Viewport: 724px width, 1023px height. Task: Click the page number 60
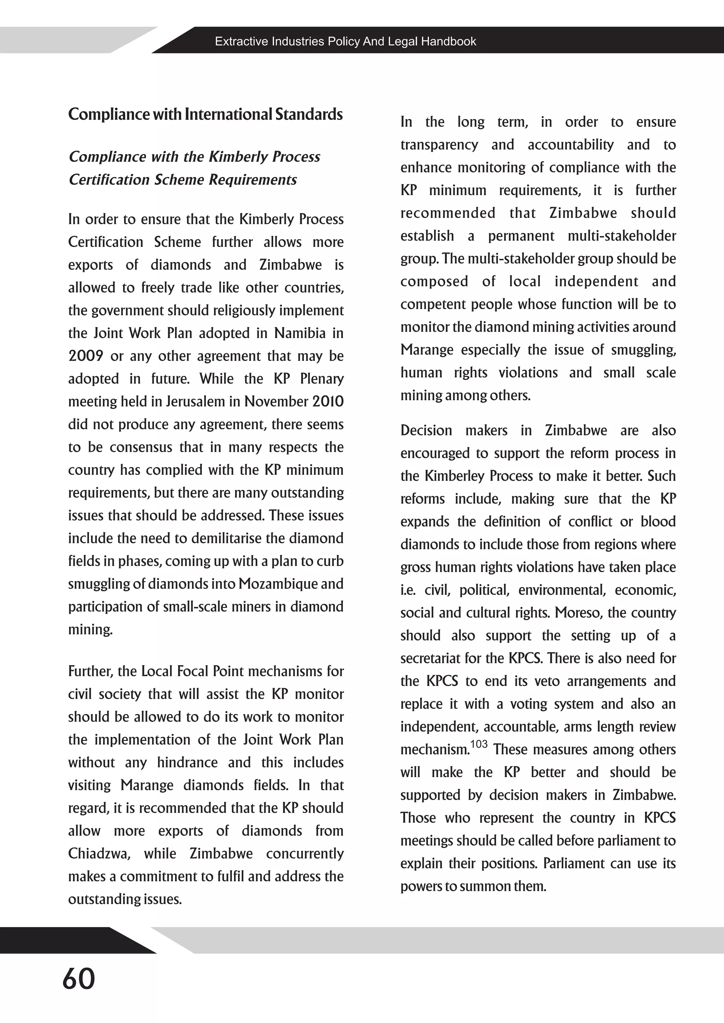tap(79, 979)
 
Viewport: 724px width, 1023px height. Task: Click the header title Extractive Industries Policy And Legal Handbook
tap(345, 41)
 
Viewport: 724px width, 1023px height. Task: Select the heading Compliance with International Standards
tap(205, 114)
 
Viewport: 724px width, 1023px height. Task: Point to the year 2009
tap(86, 356)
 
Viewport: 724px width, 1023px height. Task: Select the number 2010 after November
tap(328, 401)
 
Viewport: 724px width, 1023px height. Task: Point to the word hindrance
tap(187, 762)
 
